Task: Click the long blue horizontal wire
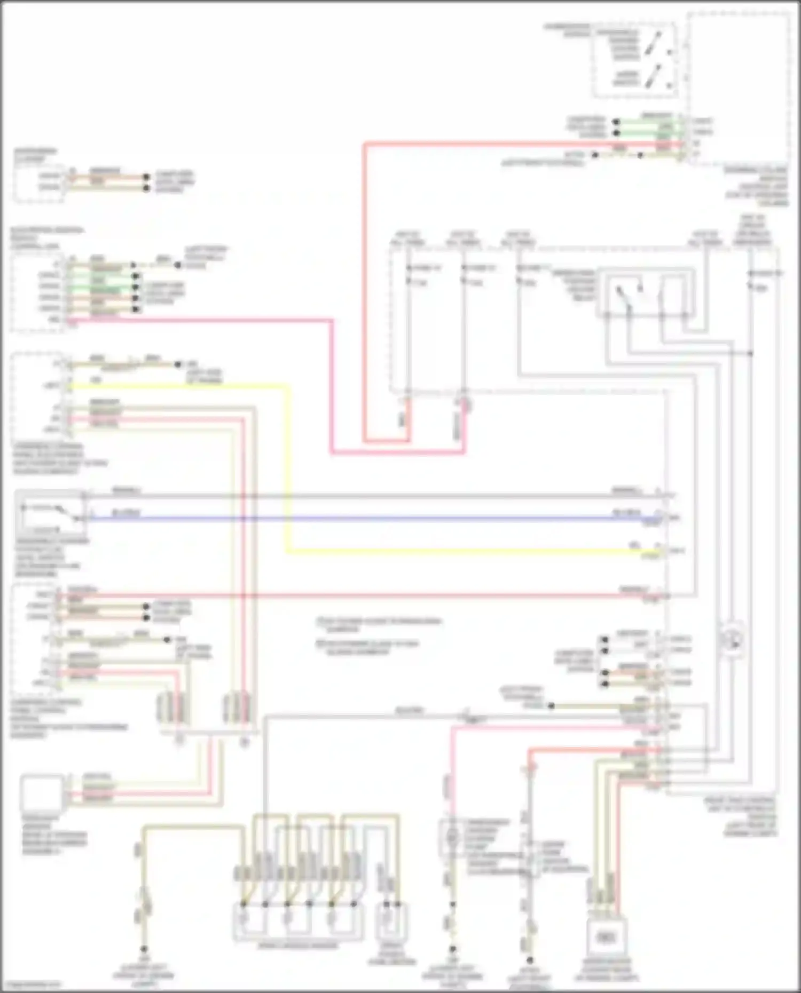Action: coord(374,518)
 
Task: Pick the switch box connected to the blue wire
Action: coord(51,512)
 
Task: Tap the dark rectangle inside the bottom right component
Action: coord(606,938)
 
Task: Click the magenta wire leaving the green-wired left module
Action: coord(214,320)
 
